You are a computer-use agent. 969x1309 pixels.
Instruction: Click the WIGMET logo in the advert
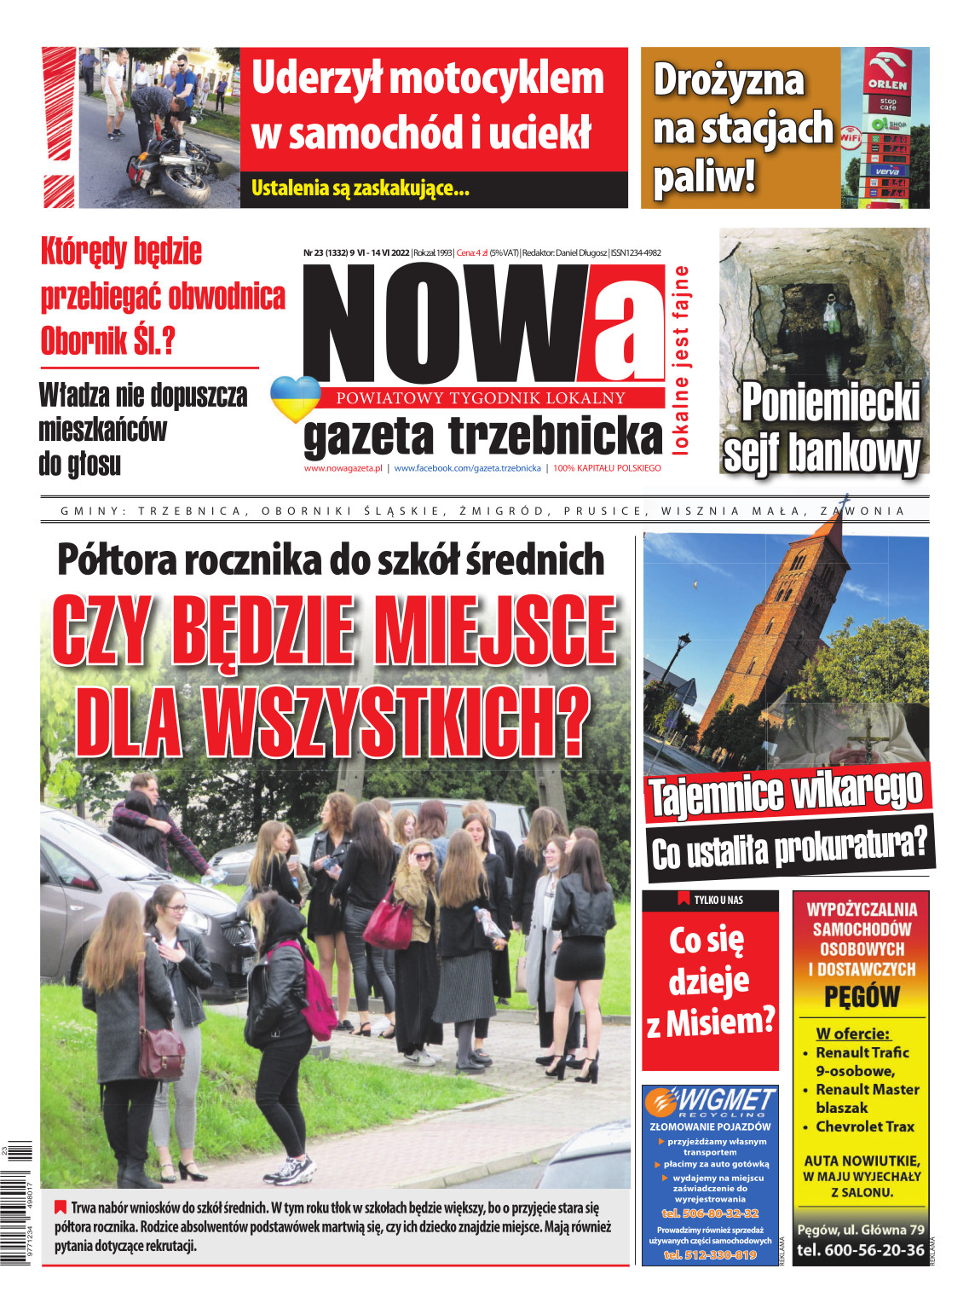710,1101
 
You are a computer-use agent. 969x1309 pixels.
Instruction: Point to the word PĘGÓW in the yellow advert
862,997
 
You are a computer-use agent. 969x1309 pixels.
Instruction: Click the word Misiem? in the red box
721,1022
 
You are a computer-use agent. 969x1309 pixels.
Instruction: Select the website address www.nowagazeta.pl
343,468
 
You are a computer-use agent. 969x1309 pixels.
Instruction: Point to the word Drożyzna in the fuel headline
729,80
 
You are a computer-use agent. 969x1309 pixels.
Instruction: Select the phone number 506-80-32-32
710,1213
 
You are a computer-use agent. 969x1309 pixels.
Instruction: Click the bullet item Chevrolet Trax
864,1127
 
